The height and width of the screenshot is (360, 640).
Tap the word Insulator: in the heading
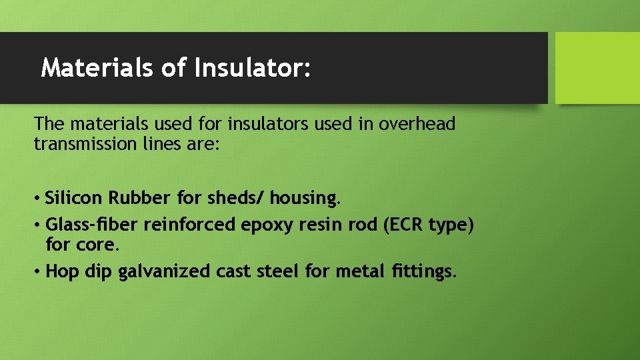253,67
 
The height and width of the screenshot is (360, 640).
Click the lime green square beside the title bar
597,68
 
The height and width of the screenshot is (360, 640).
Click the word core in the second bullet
99,245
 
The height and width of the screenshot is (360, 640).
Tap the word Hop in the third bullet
62,271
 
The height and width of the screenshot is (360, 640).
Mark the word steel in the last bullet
277,271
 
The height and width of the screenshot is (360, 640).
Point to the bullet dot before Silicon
39,199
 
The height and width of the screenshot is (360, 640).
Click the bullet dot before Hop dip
39,272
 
